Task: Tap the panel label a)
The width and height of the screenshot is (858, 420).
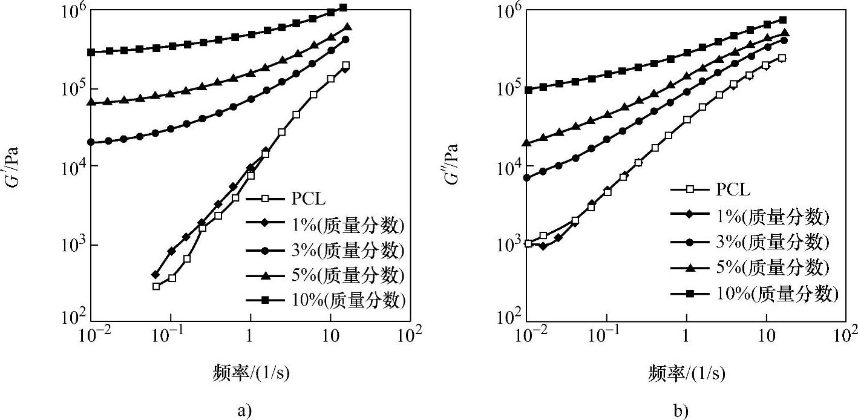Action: [244, 412]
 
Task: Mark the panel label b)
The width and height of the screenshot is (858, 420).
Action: [681, 412]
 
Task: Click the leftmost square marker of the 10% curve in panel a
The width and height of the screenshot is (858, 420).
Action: [91, 53]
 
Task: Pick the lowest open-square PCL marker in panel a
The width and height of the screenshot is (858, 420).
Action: [156, 286]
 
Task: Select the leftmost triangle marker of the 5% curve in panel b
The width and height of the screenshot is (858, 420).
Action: [528, 143]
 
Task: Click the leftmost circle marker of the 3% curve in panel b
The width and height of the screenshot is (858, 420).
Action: [528, 178]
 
